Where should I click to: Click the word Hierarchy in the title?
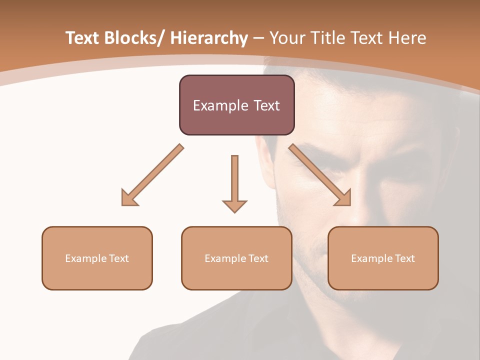coord(209,38)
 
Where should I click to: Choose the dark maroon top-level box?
coord(236,105)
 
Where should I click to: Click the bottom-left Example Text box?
coord(97,258)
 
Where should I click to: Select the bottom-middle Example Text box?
coord(236,258)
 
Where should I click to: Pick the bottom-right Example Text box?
coord(383,258)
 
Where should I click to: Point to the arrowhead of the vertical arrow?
coord(234,205)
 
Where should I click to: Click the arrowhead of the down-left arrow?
coord(128,198)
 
